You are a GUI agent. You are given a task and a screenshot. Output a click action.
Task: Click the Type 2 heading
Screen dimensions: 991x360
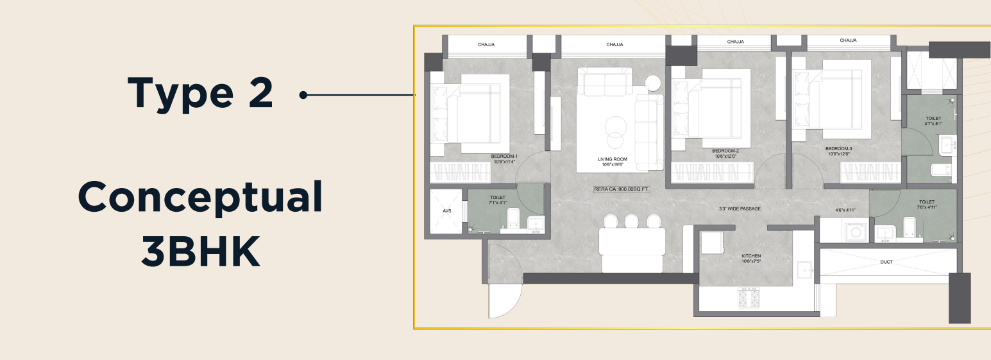(x=200, y=94)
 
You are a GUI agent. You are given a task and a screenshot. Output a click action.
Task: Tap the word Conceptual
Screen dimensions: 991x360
(x=200, y=198)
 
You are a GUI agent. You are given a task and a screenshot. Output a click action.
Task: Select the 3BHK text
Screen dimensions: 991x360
(x=200, y=251)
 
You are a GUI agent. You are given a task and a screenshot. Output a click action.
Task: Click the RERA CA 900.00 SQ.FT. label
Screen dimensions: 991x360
(x=621, y=189)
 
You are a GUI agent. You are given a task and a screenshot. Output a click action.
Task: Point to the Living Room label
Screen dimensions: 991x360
(x=613, y=162)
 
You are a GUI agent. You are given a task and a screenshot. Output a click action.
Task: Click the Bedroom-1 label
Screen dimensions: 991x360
(x=504, y=159)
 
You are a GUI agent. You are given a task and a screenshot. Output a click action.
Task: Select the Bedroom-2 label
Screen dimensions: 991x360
(x=725, y=153)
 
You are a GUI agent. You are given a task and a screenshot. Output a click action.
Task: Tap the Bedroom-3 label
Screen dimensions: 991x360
(x=838, y=151)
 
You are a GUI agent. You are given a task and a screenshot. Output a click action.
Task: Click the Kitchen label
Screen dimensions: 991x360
(x=751, y=259)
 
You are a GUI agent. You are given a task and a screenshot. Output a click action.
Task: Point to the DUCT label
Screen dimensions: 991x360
(x=886, y=262)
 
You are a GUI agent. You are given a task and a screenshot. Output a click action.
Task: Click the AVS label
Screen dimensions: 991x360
(x=447, y=210)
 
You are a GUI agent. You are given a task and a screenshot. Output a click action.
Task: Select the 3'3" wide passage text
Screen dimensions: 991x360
(x=740, y=209)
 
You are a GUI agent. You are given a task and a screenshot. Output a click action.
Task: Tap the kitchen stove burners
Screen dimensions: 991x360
(x=749, y=298)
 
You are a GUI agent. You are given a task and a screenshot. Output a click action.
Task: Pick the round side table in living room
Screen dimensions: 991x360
(x=652, y=83)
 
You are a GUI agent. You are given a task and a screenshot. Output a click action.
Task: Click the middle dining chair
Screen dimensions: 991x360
(x=631, y=221)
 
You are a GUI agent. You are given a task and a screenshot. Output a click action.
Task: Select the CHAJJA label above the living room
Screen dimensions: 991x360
(x=614, y=45)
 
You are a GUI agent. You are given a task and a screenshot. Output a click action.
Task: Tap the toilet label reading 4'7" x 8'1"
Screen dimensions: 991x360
(x=933, y=121)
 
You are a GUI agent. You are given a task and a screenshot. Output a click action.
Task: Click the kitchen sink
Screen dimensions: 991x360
(x=805, y=270)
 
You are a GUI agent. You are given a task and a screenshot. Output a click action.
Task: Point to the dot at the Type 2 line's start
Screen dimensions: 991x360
(x=303, y=95)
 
